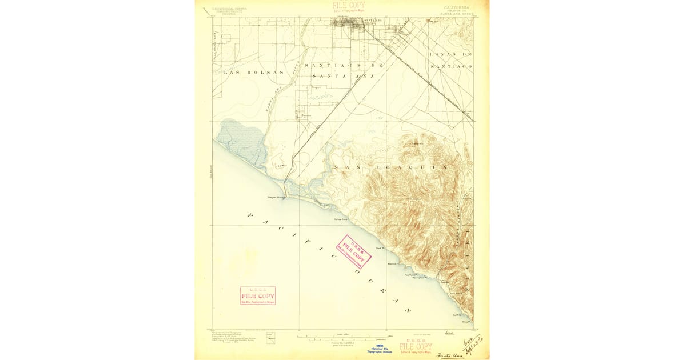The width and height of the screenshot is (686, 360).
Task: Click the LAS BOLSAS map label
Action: (x=245, y=73)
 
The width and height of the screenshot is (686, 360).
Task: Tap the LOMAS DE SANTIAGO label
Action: (x=450, y=60)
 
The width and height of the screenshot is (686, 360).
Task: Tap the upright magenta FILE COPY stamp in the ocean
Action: (x=258, y=295)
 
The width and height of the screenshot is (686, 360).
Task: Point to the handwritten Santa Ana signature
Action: (x=450, y=354)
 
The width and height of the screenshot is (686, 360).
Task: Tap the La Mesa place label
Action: (x=281, y=166)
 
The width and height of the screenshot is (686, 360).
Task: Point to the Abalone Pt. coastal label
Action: (x=393, y=264)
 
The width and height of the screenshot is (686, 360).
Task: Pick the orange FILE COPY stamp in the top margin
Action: (x=349, y=6)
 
